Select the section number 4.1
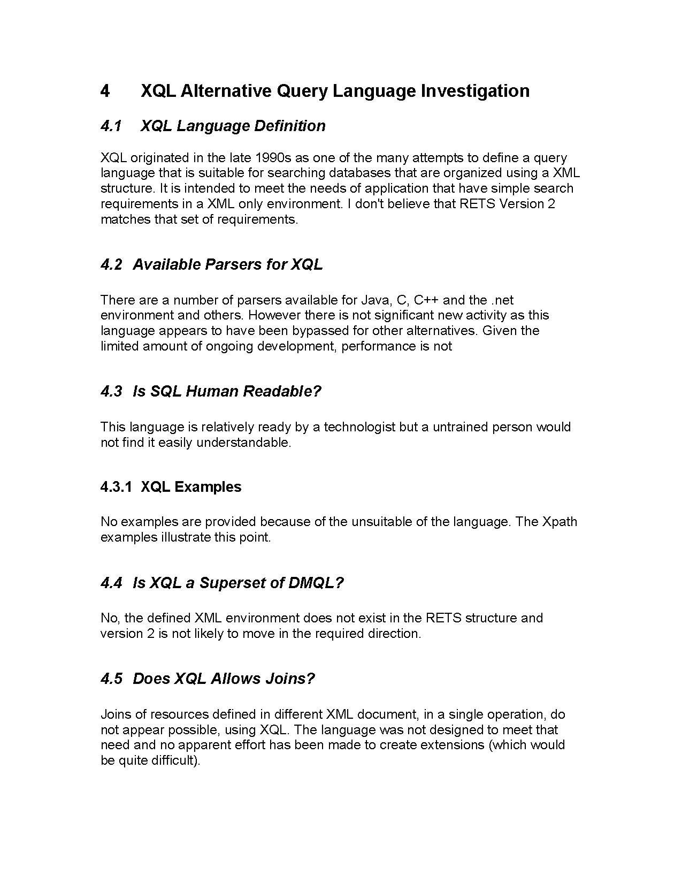click(111, 126)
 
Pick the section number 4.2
click(111, 264)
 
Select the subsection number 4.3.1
click(116, 487)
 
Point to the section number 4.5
click(111, 679)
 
